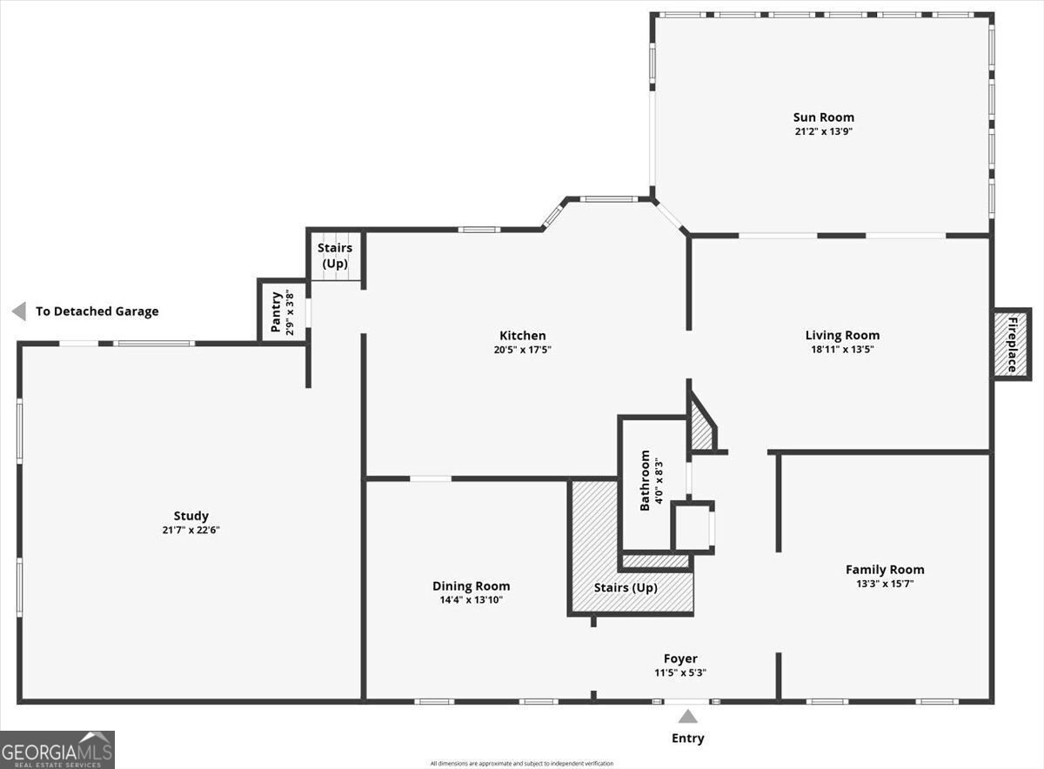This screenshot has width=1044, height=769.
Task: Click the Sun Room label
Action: pos(823,117)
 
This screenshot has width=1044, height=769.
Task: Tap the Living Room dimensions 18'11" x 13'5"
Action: pos(842,350)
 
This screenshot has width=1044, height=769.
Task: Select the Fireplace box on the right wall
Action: pos(1012,344)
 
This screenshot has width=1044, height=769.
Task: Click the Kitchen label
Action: pos(522,336)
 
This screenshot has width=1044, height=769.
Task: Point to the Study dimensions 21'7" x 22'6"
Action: pos(191,530)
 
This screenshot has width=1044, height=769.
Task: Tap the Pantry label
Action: pos(276,311)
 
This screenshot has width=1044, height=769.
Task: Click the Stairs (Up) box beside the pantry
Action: pos(335,255)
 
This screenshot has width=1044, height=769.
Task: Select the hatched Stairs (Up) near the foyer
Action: pos(626,588)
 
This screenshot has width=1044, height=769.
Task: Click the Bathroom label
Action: pos(646,480)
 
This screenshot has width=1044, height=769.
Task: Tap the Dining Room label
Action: pos(471,586)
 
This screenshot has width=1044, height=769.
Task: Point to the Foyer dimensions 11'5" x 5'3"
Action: pos(680,672)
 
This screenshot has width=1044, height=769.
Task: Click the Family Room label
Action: pos(885,570)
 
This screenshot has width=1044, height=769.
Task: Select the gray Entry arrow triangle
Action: pos(688,717)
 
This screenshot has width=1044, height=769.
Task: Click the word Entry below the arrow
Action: pos(687,739)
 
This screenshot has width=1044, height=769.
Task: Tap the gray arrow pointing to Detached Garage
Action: pos(18,311)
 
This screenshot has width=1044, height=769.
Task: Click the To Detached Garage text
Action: pos(97,311)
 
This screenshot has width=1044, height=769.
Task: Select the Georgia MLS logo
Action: pos(57,749)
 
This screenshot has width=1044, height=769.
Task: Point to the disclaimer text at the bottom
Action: pos(521,764)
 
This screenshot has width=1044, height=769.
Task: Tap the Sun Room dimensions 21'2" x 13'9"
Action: pos(823,131)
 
